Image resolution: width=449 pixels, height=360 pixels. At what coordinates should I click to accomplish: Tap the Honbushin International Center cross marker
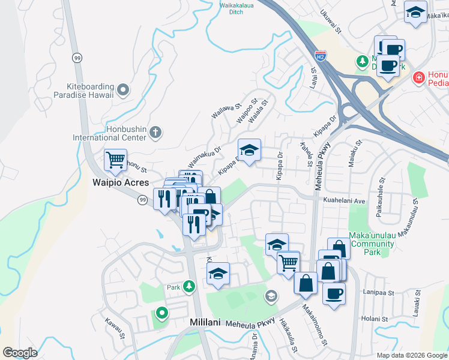pyautogui.click(x=155, y=132)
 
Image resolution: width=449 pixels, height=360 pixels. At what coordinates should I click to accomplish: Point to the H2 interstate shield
pyautogui.click(x=321, y=55)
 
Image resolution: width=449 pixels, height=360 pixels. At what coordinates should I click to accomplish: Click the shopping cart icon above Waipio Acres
pyautogui.click(x=115, y=160)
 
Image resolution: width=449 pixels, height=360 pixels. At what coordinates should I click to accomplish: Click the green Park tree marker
pyautogui.click(x=190, y=286)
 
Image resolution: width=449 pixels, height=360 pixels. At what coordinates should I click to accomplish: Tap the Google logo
pyautogui.click(x=20, y=353)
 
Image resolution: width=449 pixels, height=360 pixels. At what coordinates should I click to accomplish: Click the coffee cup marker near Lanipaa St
pyautogui.click(x=334, y=293)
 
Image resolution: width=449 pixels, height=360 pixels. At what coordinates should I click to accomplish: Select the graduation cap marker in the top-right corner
pyautogui.click(x=415, y=13)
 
